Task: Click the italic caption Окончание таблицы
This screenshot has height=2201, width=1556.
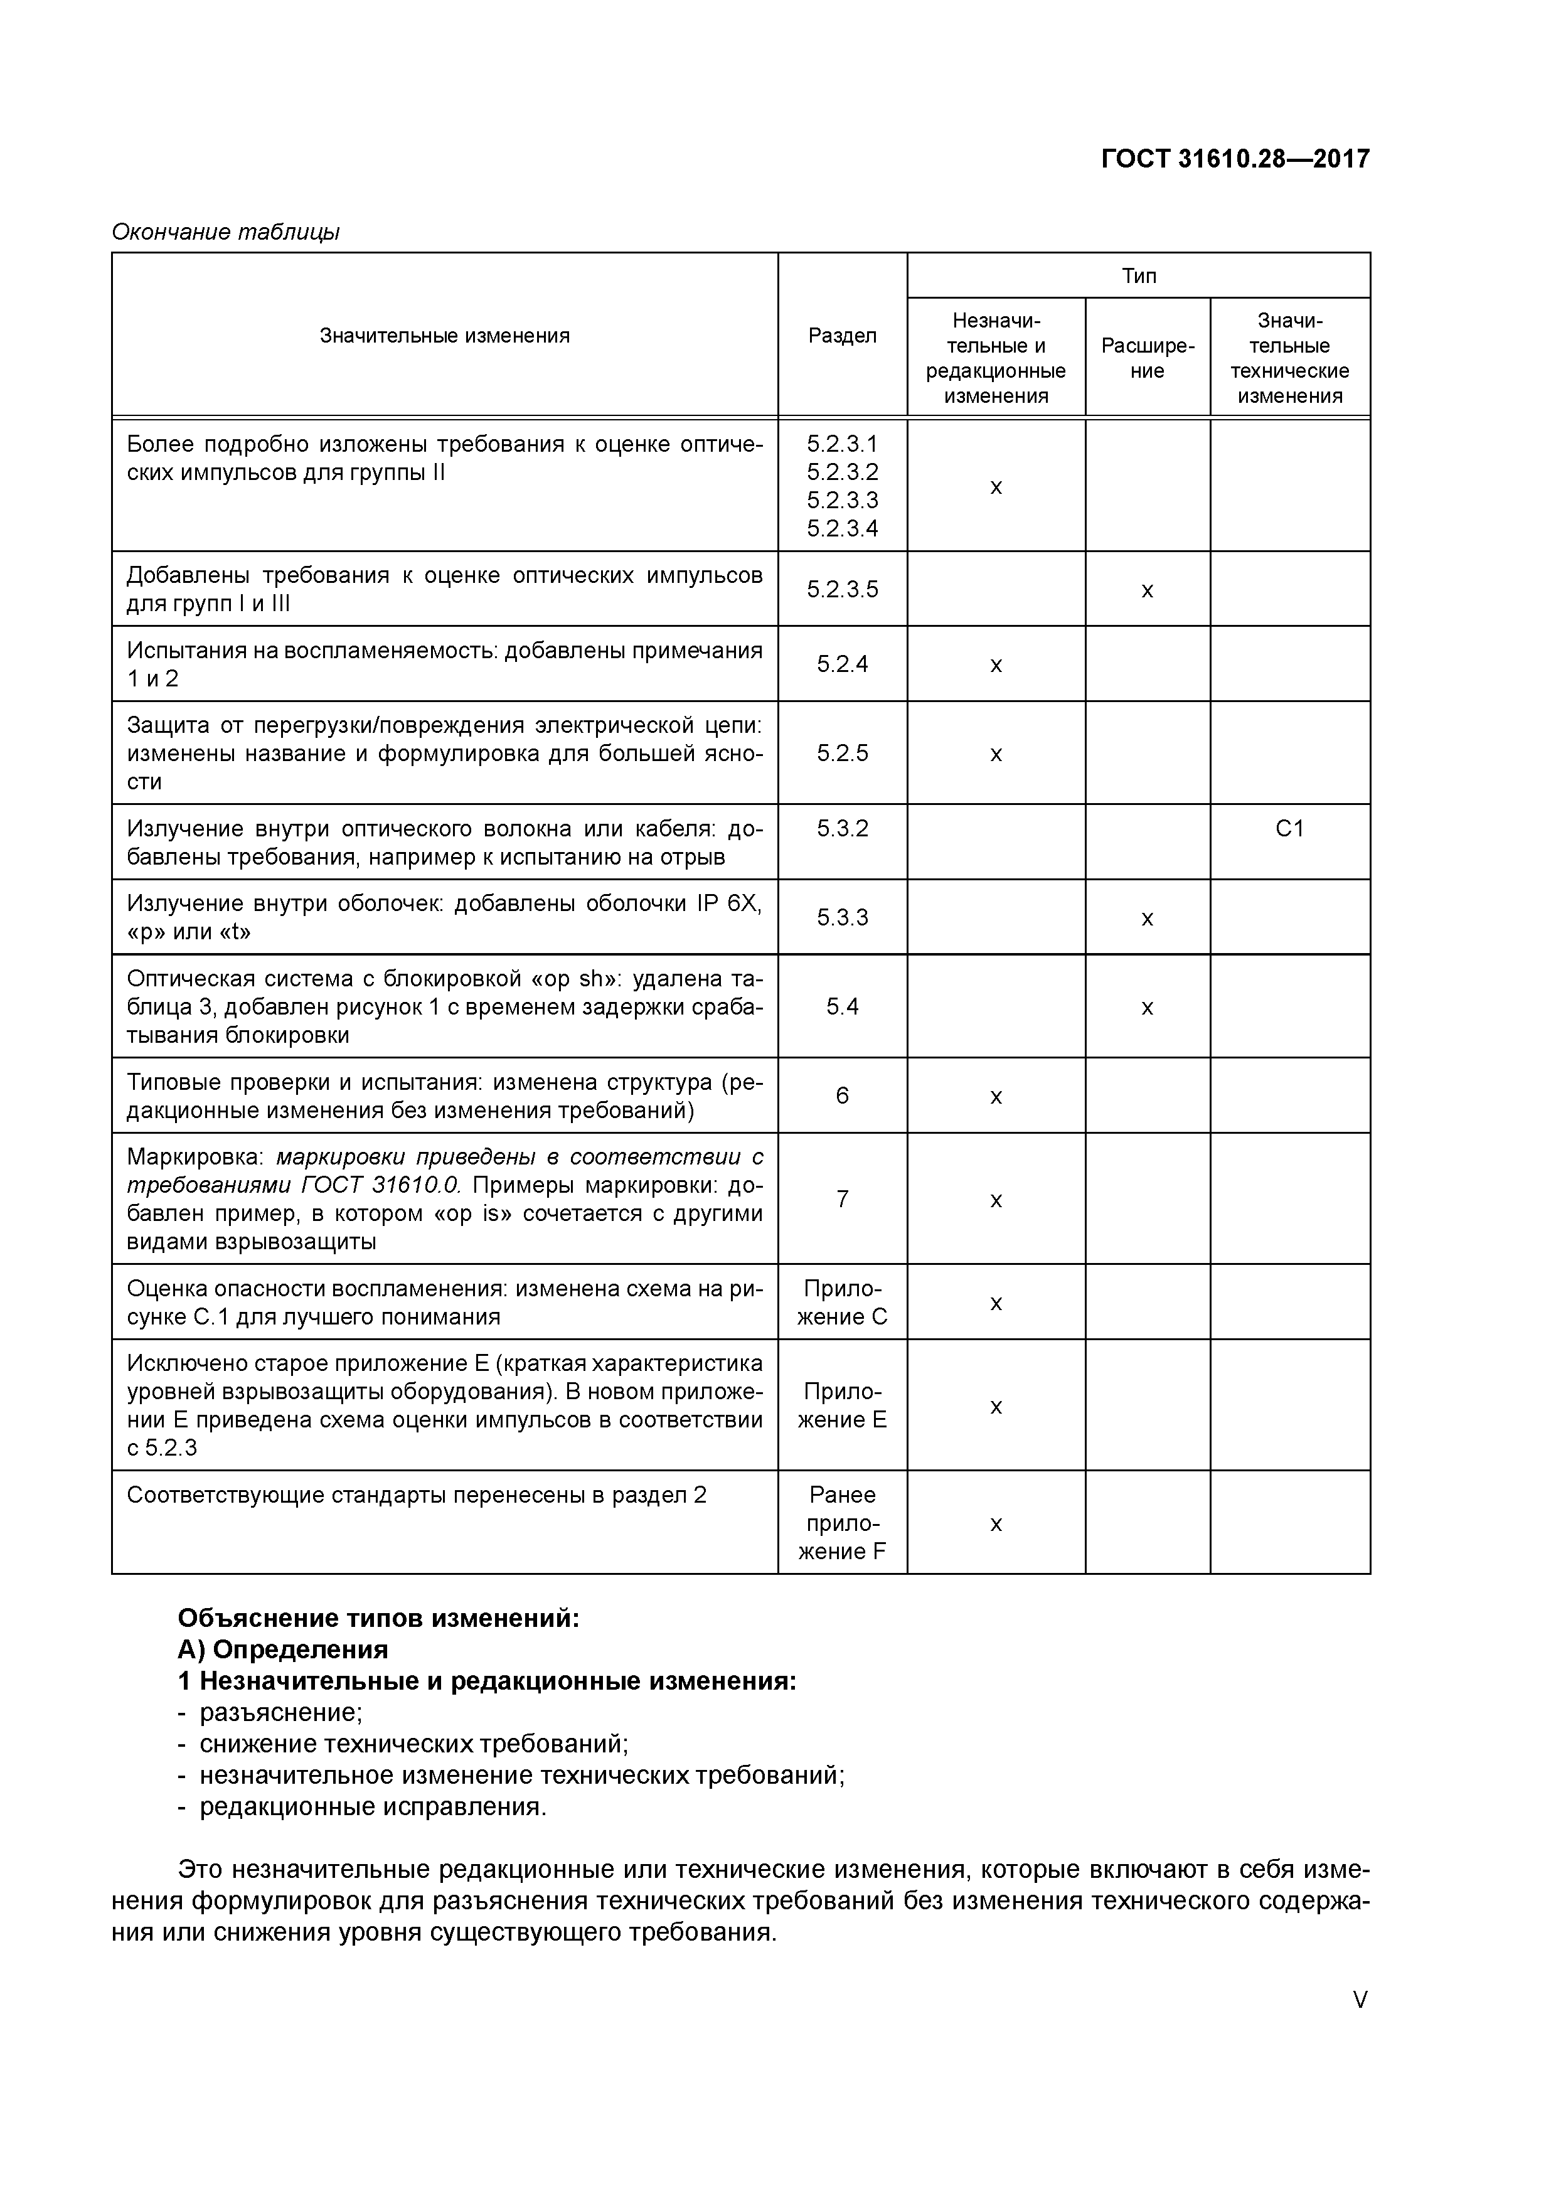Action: point(226,232)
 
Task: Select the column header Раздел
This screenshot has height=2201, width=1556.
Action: point(842,336)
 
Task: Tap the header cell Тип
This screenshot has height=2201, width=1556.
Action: point(1138,276)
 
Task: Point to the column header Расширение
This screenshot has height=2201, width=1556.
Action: point(1147,358)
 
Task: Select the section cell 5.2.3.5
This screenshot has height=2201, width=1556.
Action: point(842,589)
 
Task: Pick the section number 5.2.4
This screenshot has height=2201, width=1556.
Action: point(842,663)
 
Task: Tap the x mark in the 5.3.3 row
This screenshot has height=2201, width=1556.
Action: point(1147,919)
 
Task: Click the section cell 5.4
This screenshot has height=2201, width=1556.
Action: point(842,1006)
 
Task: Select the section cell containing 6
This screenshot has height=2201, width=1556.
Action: point(842,1095)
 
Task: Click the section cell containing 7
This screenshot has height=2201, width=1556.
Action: point(842,1198)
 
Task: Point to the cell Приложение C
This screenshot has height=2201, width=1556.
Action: point(842,1302)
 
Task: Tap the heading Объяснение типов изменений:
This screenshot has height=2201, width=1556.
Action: point(379,1618)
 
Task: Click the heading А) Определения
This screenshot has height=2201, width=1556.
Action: point(283,1649)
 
